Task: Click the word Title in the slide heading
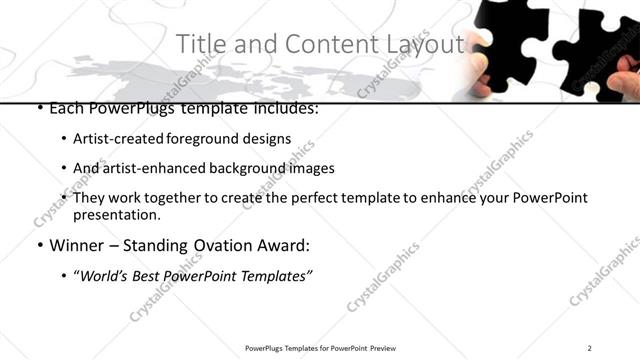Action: pos(200,45)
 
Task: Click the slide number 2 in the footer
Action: pos(590,348)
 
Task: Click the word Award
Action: pos(285,245)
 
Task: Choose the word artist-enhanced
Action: pos(148,168)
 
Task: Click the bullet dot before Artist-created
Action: pos(64,140)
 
